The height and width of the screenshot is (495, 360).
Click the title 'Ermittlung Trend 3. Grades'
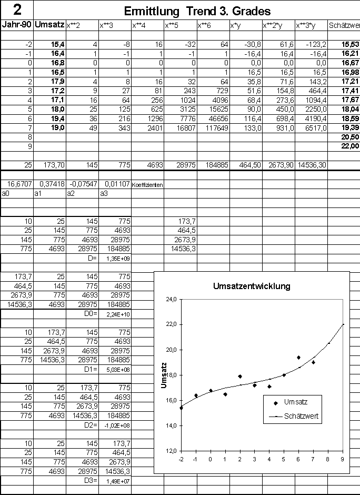[197, 11]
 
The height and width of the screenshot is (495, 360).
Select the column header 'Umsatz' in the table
[49, 24]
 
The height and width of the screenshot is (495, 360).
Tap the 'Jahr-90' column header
[17, 24]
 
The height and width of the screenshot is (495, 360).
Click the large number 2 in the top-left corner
[16, 9]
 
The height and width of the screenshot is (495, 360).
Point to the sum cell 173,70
[54, 165]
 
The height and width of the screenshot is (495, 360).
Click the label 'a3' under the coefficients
[104, 194]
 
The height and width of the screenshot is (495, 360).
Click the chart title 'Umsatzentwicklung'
[252, 286]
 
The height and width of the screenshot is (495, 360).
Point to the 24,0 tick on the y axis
[172, 300]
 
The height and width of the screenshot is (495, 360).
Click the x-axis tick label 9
[343, 458]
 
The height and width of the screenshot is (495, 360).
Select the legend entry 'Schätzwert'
[301, 415]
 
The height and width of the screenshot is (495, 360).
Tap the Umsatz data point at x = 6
[298, 358]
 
